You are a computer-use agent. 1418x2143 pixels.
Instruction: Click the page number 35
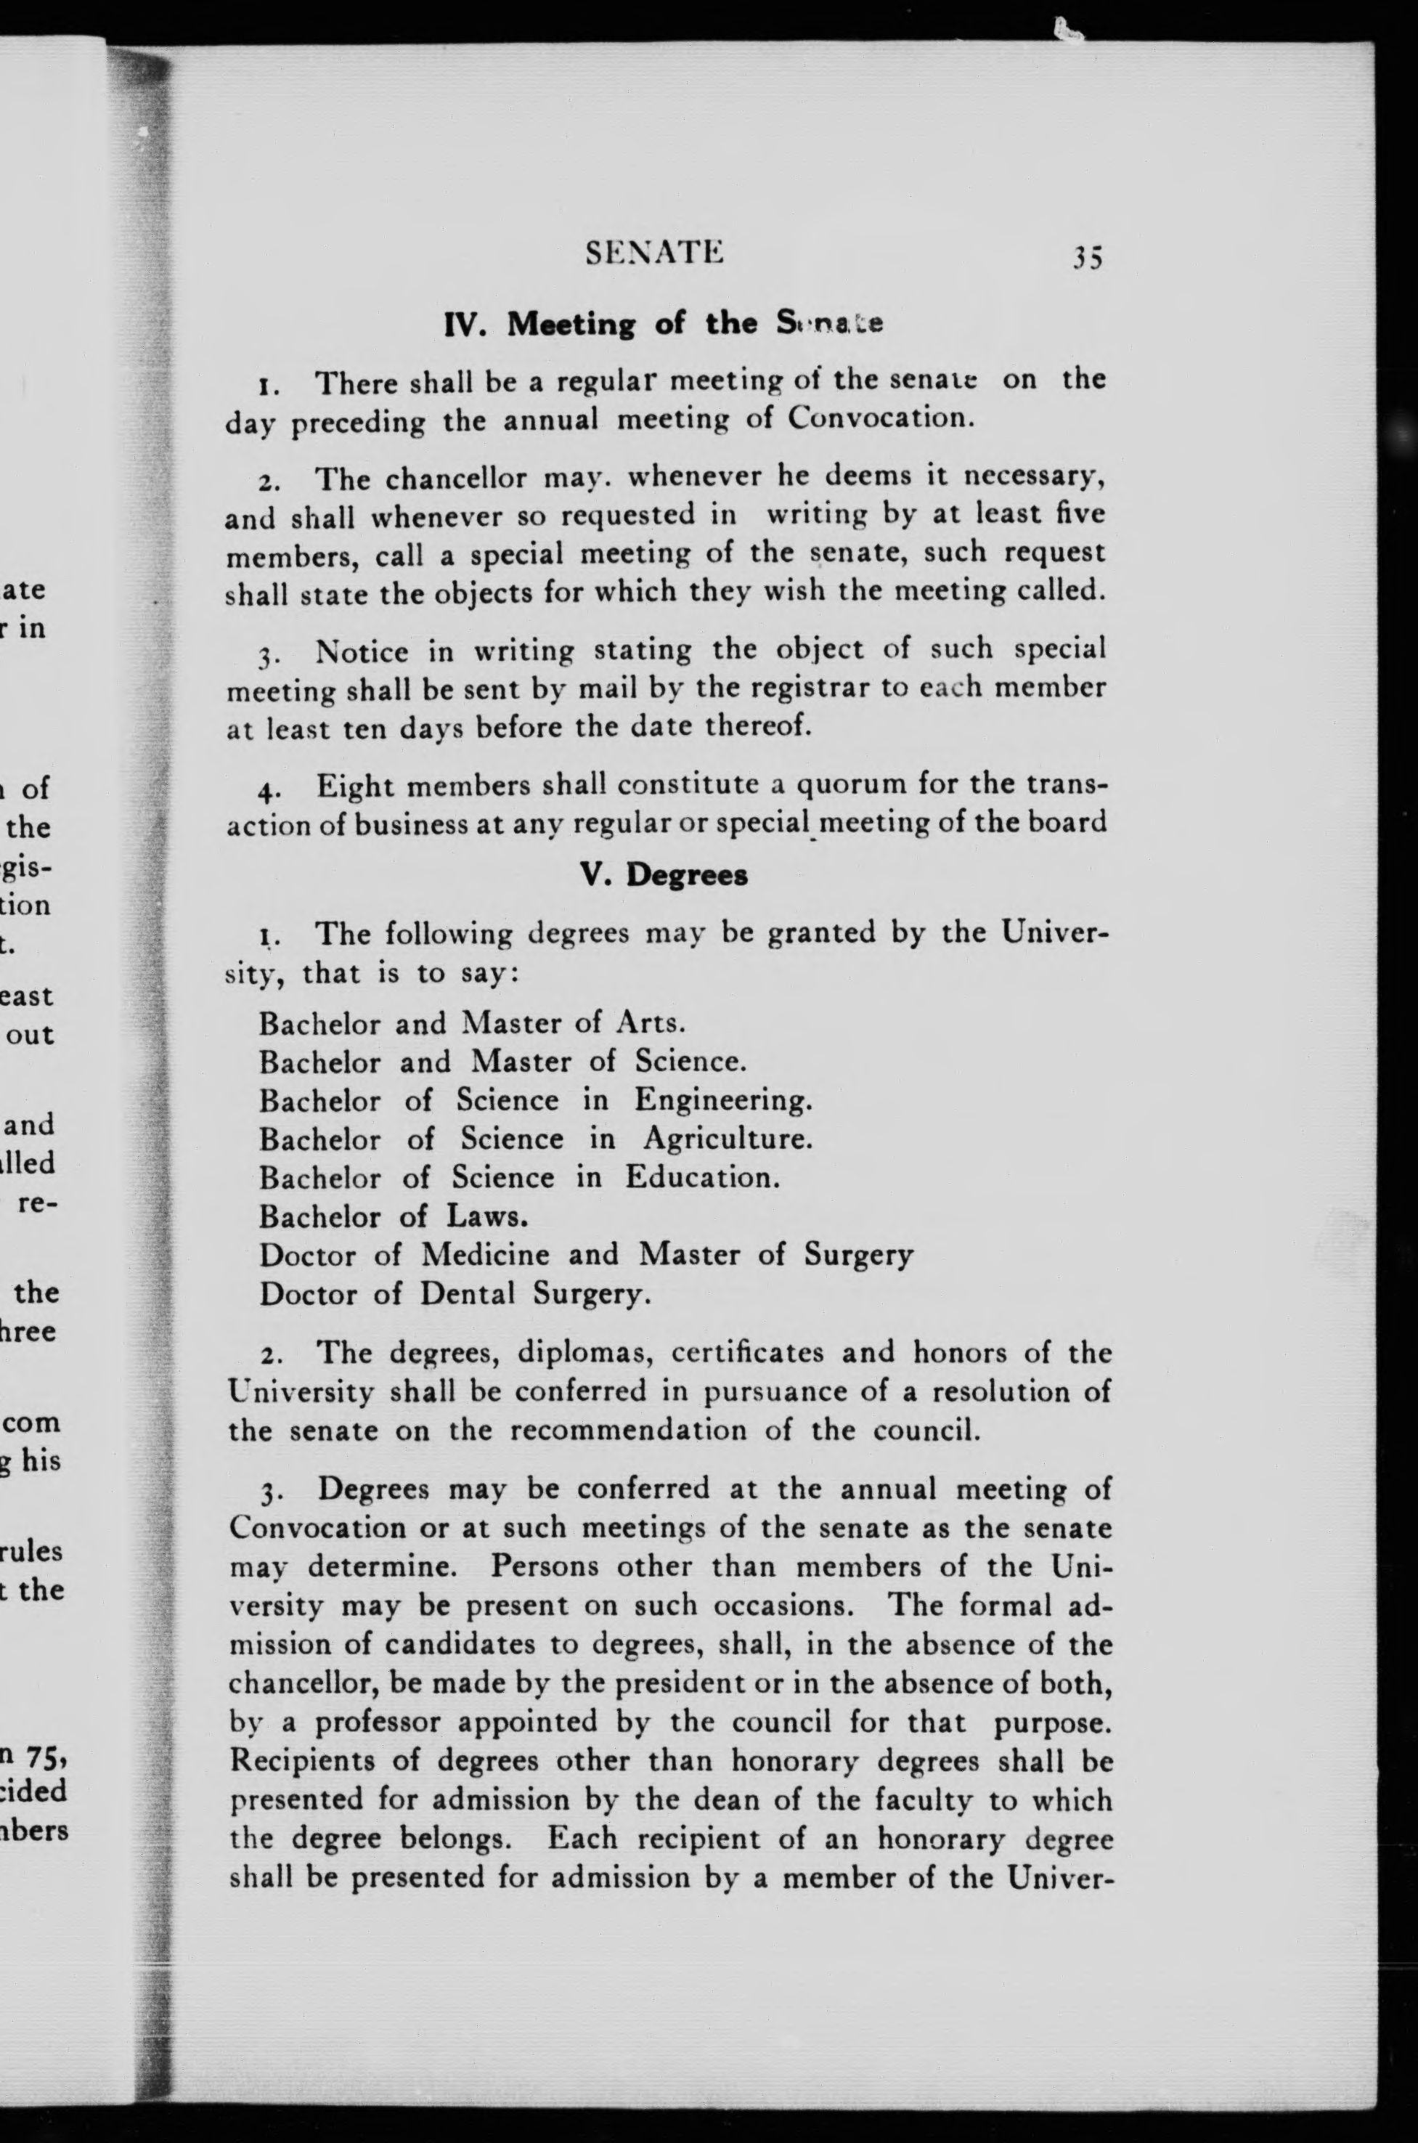(1087, 259)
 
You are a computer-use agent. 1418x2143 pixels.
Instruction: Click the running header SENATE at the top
(655, 254)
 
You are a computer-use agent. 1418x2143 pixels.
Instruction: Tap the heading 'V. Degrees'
(664, 875)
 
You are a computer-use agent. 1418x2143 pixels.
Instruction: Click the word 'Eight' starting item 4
(355, 786)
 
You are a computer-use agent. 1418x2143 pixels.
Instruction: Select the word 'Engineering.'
(722, 1099)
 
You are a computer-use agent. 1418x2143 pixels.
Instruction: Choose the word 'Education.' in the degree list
(702, 1177)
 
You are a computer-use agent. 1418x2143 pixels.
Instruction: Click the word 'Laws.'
(486, 1216)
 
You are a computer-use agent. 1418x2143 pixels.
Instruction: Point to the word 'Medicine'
(486, 1255)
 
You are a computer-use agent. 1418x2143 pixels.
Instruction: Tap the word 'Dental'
(467, 1294)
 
